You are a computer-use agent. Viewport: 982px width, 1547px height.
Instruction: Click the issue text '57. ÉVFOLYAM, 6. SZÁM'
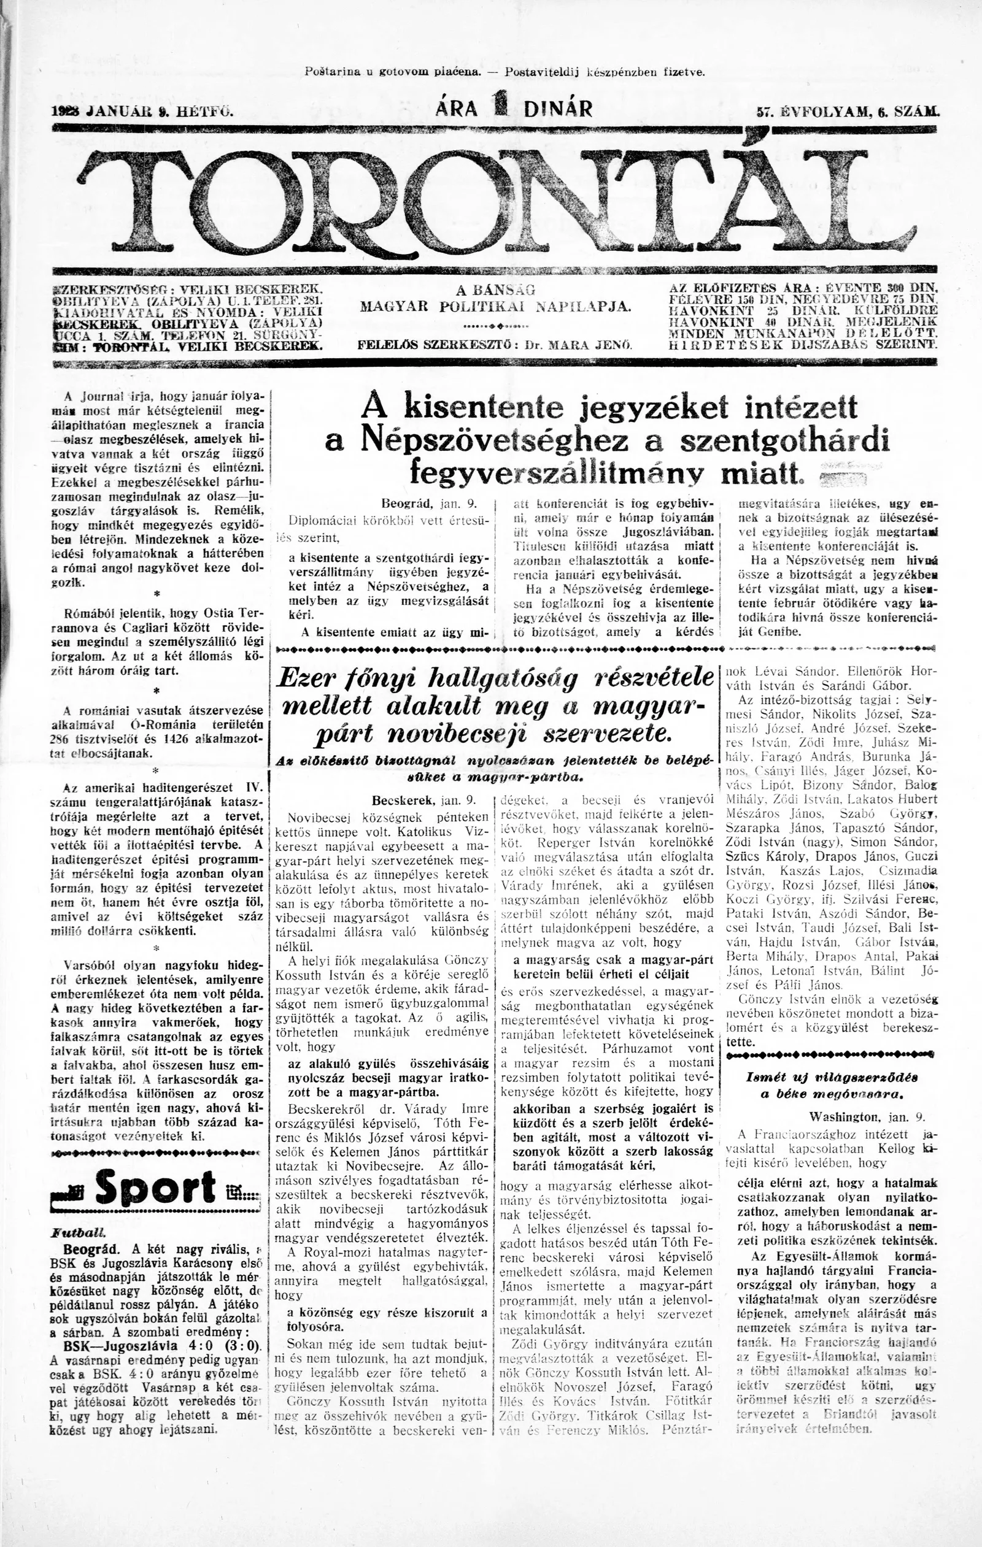pos(848,111)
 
